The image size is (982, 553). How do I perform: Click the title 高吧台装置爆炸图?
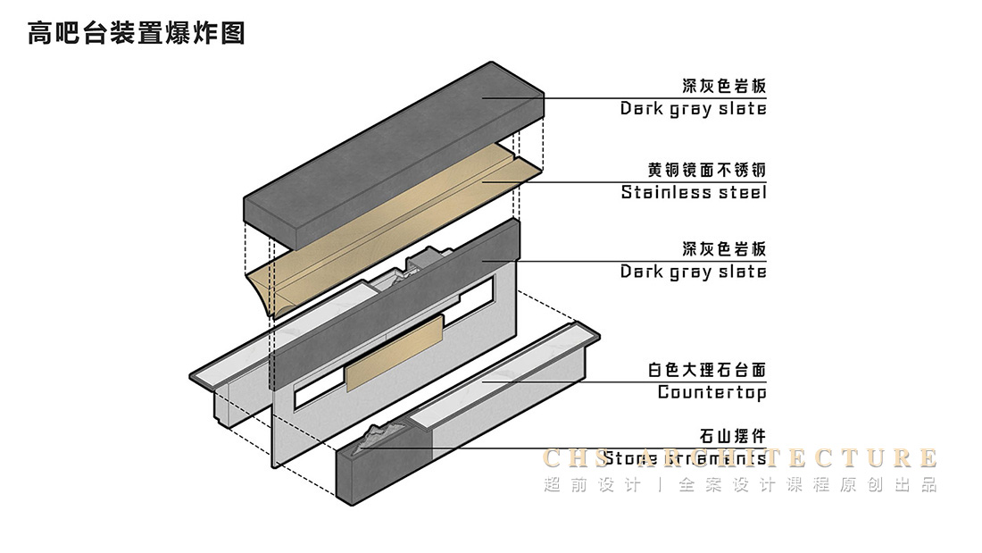tap(137, 34)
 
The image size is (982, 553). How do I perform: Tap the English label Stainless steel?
tap(694, 192)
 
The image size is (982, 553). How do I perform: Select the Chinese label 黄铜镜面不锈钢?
tap(707, 169)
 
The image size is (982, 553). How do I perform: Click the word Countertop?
tap(712, 392)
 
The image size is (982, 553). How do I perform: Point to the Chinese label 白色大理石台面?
tap(707, 369)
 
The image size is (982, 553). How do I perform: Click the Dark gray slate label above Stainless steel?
tap(694, 109)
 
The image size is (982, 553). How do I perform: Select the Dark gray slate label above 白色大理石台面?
tap(694, 272)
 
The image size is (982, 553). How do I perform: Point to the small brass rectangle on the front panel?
tap(393, 353)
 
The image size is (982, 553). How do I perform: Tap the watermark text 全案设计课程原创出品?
tap(807, 485)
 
